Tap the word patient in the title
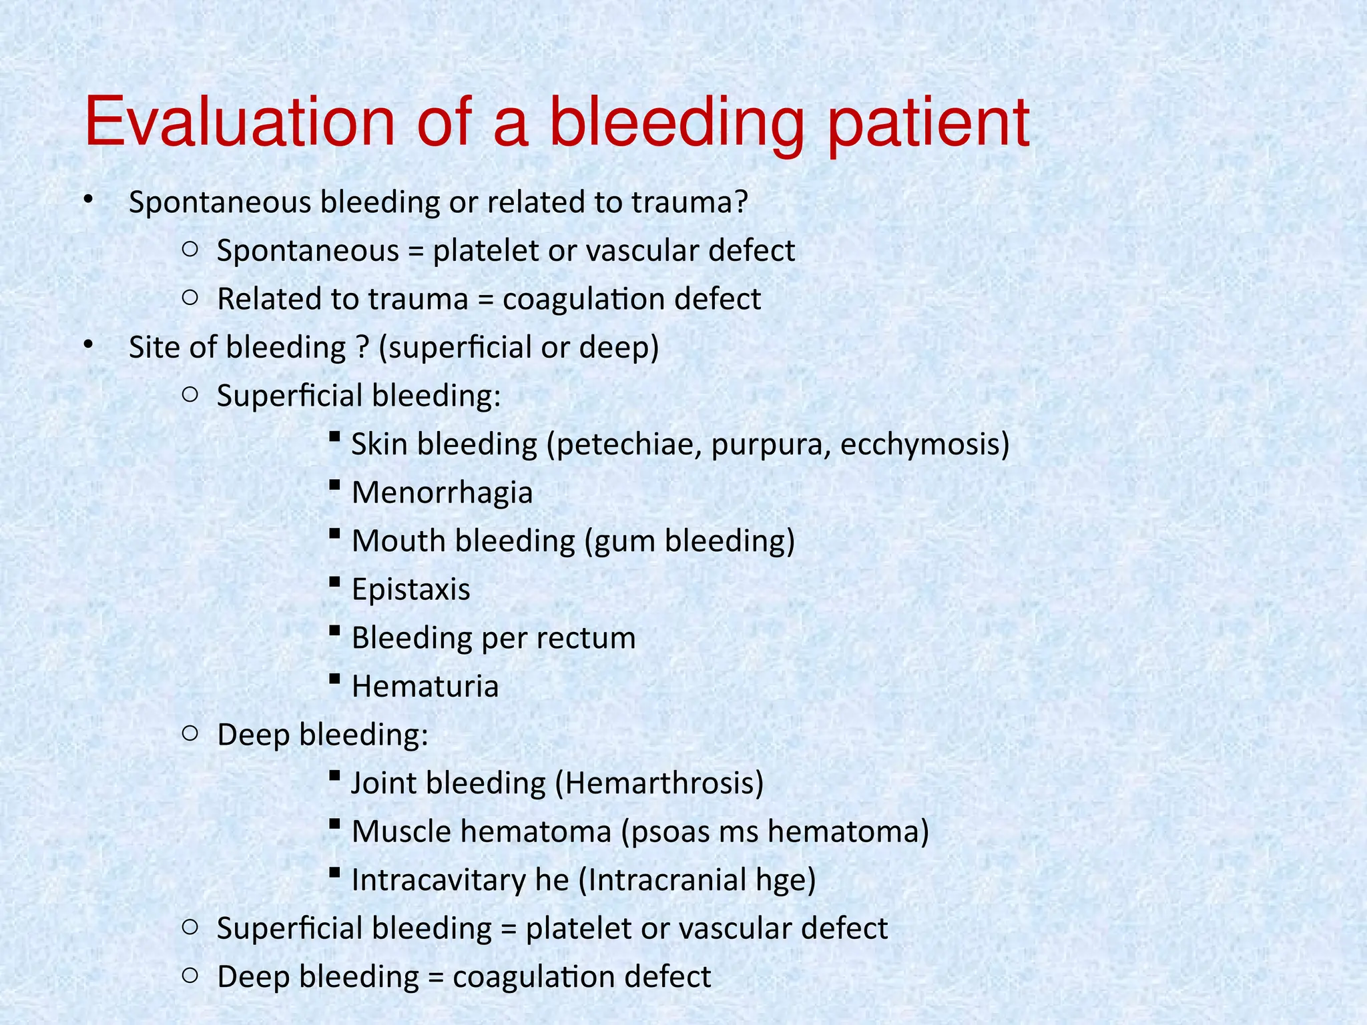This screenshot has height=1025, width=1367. click(x=928, y=124)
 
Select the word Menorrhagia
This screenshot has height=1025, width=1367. click(x=442, y=493)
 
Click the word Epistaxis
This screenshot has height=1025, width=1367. click(x=411, y=590)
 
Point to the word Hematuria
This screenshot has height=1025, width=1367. click(x=425, y=687)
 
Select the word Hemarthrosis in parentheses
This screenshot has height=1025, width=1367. click(x=661, y=783)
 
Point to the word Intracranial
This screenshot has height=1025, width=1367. click(x=667, y=880)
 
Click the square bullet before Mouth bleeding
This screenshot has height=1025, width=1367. click(x=335, y=534)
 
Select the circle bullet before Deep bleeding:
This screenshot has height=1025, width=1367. click(x=190, y=734)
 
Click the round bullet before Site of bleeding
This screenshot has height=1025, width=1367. click(x=88, y=344)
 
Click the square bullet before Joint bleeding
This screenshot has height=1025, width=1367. click(x=335, y=776)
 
